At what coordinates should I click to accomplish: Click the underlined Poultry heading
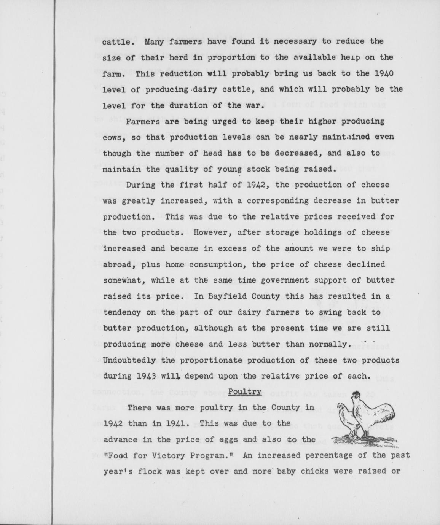(x=245, y=392)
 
